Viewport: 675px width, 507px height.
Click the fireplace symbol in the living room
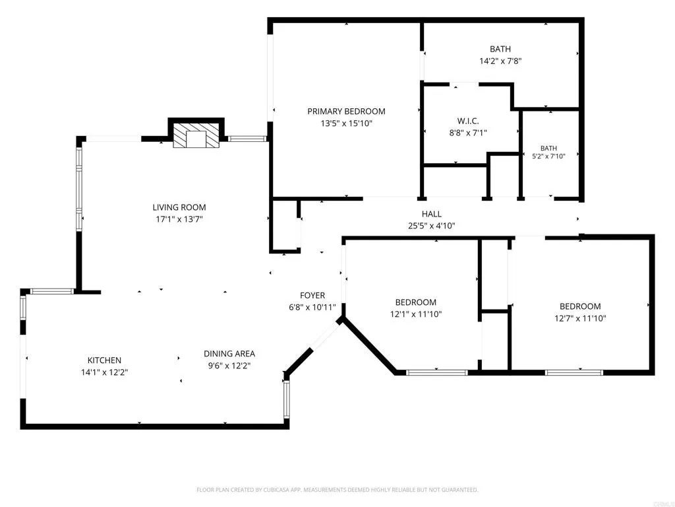point(196,135)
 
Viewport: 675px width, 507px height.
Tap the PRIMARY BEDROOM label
point(346,111)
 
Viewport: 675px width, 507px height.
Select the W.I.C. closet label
point(467,121)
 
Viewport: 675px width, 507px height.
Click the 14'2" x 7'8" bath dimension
point(500,61)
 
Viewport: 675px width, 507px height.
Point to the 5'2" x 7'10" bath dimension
point(548,156)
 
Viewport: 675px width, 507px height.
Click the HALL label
point(431,214)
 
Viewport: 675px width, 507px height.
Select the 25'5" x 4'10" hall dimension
point(431,226)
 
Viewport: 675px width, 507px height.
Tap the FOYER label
point(312,295)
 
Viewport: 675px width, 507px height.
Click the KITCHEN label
point(104,360)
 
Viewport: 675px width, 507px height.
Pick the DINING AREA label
point(229,354)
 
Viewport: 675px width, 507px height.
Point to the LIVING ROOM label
point(179,207)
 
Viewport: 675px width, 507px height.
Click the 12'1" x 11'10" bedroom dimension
point(416,314)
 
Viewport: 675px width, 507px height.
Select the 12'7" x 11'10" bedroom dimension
point(580,319)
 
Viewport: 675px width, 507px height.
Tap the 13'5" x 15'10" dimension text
point(346,123)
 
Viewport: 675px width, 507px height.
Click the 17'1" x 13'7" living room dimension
point(179,219)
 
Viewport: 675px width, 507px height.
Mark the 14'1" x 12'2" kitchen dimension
point(104,372)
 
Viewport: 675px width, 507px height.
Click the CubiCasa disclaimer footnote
point(337,490)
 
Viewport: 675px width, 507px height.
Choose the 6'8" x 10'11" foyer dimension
point(312,308)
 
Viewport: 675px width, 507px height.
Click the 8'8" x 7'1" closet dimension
point(467,133)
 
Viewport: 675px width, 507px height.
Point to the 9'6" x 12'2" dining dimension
point(229,366)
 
